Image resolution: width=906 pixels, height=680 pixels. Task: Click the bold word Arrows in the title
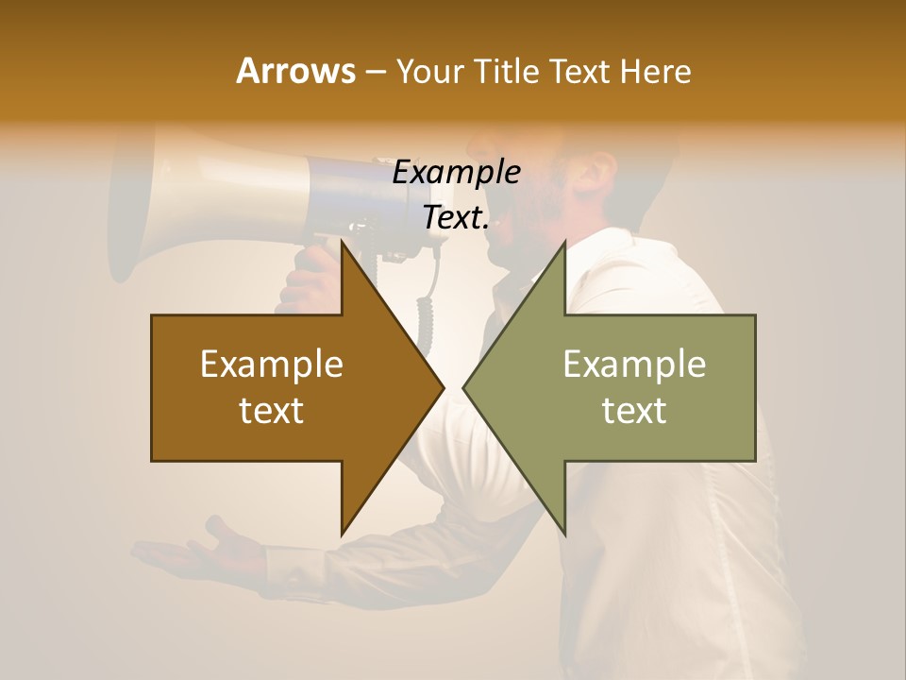tap(295, 71)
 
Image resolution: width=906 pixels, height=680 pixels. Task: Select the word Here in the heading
tap(656, 71)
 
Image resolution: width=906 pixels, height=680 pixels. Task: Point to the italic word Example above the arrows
tap(456, 173)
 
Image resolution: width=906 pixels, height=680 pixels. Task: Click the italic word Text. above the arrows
tap(456, 218)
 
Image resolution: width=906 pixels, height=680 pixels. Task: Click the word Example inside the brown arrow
tap(272, 365)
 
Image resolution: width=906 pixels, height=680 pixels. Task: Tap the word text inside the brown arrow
tap(272, 411)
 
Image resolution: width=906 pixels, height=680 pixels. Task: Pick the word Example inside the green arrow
tap(634, 365)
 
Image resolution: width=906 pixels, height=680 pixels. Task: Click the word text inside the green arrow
tap(634, 411)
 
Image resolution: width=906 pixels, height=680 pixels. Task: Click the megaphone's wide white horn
tap(142, 203)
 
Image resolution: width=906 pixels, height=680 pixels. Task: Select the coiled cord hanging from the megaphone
tap(427, 312)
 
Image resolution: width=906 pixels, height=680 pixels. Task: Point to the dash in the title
tap(375, 72)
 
